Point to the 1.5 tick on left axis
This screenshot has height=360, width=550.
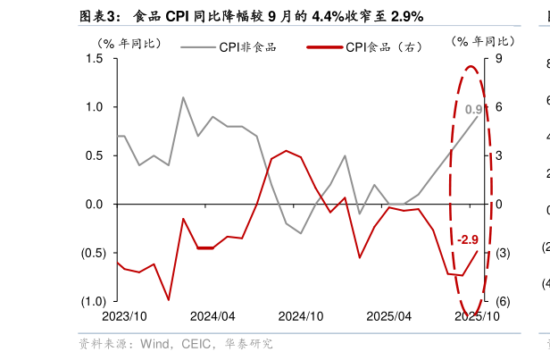[x=96, y=59]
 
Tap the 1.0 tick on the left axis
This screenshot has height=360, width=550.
[x=96, y=107]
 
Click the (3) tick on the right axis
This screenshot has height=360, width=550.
[x=502, y=253]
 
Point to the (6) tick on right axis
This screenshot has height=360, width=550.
[x=502, y=301]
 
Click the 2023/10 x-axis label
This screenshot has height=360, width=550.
[x=124, y=317]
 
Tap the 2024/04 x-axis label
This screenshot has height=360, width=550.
[x=212, y=317]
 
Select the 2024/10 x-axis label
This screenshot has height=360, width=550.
[x=301, y=317]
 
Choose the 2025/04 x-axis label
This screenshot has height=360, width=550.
[x=389, y=317]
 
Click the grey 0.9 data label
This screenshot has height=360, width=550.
[x=474, y=110]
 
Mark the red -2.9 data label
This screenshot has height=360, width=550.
[x=468, y=239]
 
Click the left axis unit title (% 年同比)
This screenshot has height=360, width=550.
[x=129, y=41]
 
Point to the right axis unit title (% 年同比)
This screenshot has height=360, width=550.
[x=483, y=41]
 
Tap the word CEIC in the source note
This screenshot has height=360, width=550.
[x=196, y=344]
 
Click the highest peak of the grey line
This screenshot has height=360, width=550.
[x=183, y=97]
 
